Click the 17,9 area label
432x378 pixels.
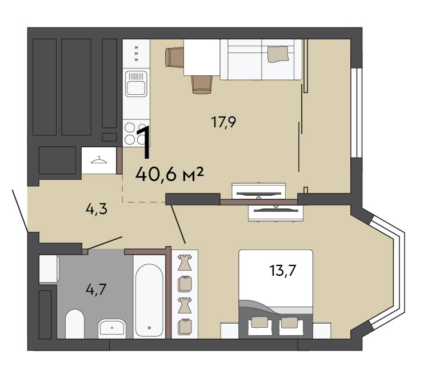pos(223,122)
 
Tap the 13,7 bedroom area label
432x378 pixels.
pos(282,270)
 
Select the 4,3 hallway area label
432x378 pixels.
pos(96,210)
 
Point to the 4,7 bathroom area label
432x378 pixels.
pos(96,289)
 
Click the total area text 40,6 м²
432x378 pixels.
pos(170,174)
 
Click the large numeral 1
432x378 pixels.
pos(143,142)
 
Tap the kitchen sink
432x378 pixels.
pos(136,83)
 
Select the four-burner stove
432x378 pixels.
pos(136,132)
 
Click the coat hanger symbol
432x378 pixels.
pos(99,160)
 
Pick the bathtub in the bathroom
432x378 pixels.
pos(149,297)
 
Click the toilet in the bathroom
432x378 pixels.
pos(75,324)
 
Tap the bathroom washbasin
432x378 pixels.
pos(112,328)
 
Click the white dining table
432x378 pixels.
pos(202,57)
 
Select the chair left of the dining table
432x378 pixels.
pos(174,57)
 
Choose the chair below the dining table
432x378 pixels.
pos(202,85)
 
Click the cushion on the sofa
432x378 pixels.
pos(278,54)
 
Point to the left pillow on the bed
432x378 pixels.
pos(259,322)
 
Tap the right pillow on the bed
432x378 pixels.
pos(289,323)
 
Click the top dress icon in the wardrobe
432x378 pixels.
pos(185,262)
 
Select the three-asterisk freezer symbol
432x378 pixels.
pos(136,54)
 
